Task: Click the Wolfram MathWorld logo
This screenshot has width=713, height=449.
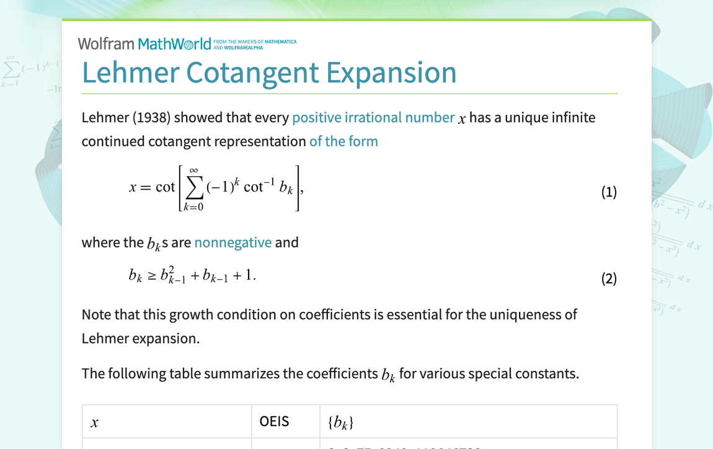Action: coord(144,44)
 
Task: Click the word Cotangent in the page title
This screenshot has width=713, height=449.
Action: coord(252,73)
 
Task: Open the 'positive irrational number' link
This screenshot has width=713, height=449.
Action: coord(373,117)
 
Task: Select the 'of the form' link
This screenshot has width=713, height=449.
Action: coord(343,141)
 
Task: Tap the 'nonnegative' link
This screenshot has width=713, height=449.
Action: coord(232,242)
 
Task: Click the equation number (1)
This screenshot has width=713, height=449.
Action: coord(609,192)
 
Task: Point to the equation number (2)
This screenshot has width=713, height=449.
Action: coord(609,278)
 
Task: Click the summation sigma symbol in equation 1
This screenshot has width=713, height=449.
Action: coord(193,188)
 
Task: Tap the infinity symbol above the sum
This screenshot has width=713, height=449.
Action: coord(193,169)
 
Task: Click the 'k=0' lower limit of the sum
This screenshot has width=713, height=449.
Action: coord(193,207)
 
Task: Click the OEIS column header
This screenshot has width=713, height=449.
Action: coord(274,422)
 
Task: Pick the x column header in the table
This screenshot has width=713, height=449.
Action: coord(95,423)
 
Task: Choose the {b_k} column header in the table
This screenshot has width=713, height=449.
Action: coord(340,423)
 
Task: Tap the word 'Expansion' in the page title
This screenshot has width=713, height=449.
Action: coord(391,73)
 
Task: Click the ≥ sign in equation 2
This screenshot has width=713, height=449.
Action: coord(152,276)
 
